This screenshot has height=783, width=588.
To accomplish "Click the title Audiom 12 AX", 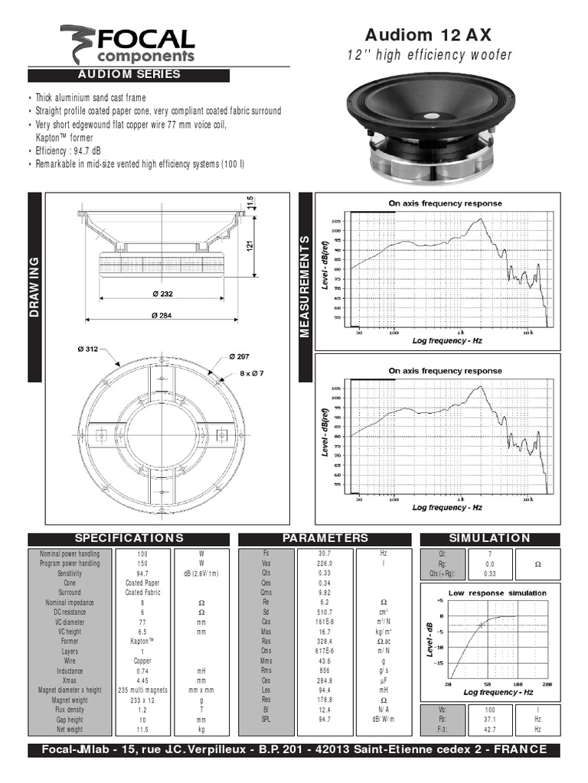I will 439,34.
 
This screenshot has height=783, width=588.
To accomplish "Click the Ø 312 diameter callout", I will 88,349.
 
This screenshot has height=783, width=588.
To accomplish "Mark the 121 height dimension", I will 250,246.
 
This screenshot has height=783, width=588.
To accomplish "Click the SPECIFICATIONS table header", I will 129,538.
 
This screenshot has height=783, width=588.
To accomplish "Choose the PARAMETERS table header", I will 325,538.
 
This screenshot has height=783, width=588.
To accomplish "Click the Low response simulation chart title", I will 497,593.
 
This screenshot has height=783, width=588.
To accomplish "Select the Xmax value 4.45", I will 142,681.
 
